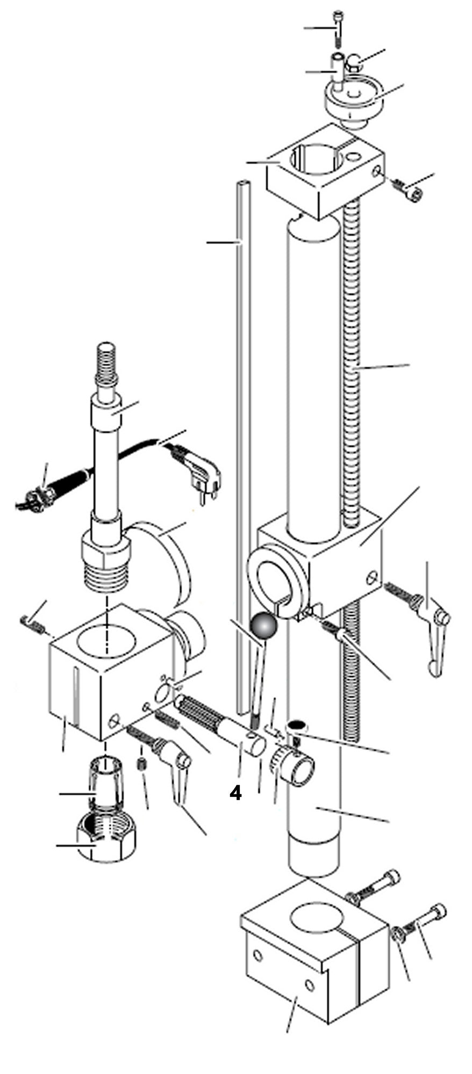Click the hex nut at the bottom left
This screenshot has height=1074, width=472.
107,845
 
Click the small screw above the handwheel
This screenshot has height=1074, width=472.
338,27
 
